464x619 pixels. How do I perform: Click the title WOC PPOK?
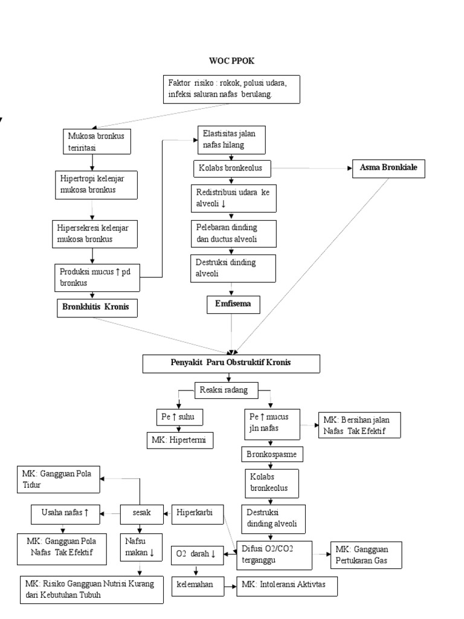tap(231, 61)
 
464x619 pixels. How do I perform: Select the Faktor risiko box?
tap(231, 89)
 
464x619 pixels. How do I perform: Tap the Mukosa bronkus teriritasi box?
tap(92, 141)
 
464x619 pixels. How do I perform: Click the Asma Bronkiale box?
tap(389, 169)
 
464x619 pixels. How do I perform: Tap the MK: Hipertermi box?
tap(180, 441)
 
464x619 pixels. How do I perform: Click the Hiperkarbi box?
tap(197, 513)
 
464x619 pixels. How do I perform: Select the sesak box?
tap(142, 513)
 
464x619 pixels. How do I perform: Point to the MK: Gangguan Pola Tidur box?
tap(57, 478)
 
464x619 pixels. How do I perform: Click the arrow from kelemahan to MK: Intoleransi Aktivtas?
tap(227, 585)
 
